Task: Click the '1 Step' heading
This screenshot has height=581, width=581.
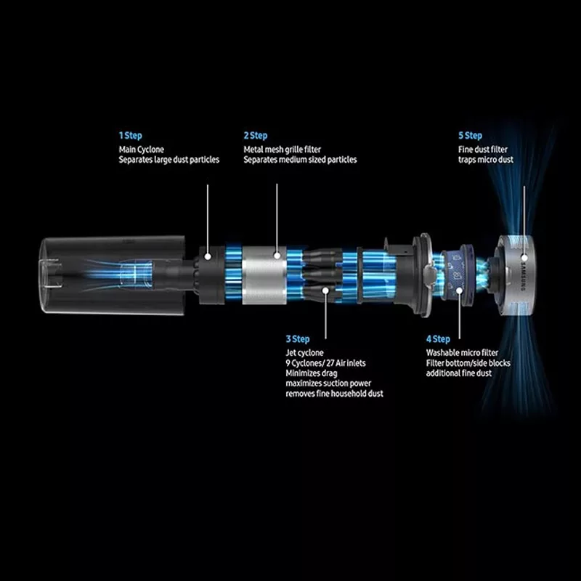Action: tap(131, 136)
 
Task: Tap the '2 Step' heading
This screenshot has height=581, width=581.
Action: tap(256, 136)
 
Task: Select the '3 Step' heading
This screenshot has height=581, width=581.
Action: tap(298, 339)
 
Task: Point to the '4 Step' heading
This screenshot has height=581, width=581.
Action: tap(438, 339)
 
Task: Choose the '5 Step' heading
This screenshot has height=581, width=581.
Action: tap(470, 136)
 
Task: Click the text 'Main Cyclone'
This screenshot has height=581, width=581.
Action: tap(141, 150)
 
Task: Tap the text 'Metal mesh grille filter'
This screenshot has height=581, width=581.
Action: tap(283, 150)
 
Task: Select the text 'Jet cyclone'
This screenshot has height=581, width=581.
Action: tap(304, 353)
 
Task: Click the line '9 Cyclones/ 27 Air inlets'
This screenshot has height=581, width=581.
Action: tap(325, 363)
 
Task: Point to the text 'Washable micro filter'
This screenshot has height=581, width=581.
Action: tap(462, 353)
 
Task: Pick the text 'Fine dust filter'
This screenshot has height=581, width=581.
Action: tap(483, 150)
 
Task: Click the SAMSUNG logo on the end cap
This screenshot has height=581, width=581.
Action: tap(523, 277)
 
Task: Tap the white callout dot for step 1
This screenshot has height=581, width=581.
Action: tap(208, 256)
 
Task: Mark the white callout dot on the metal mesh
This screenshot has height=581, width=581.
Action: tap(277, 256)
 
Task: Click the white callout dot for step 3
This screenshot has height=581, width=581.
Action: tap(325, 290)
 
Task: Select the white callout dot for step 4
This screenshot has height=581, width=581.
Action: tap(460, 290)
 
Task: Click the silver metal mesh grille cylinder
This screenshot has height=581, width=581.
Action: tap(264, 275)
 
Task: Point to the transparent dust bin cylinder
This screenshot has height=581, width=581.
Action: tap(112, 275)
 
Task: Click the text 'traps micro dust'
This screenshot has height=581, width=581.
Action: tap(486, 160)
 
